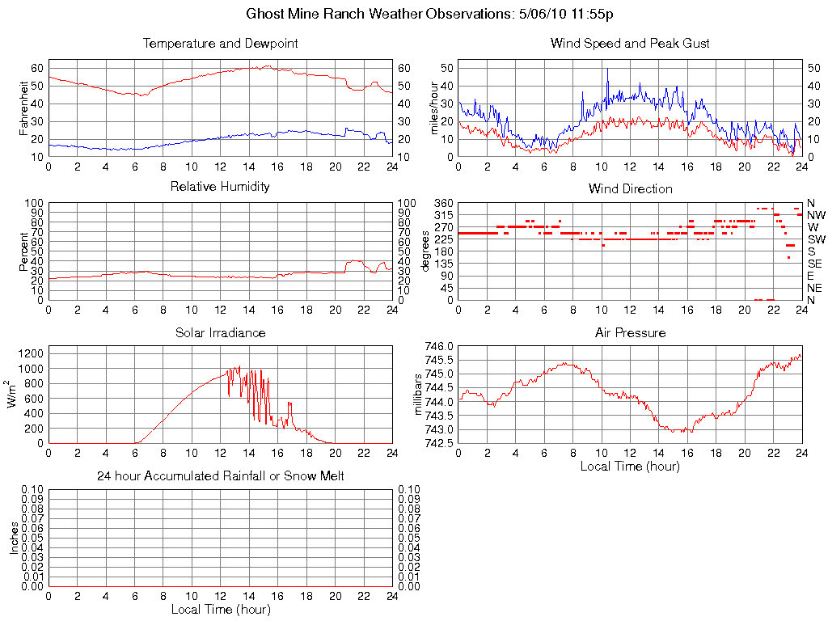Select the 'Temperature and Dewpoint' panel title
coord(220,44)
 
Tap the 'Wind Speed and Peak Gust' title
coord(630,44)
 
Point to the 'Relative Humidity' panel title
coord(220,187)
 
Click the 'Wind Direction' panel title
coord(630,189)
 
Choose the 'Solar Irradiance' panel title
coord(220,332)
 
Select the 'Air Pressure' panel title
coord(630,332)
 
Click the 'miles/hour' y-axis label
coord(434,108)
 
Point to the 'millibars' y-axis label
coord(418,395)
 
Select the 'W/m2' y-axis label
coord(14,394)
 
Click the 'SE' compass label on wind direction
coord(816,264)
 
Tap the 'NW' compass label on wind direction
coord(816,215)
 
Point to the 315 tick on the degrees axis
coord(443,215)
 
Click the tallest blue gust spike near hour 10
coord(607,70)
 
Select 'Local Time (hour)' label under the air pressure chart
coord(630,466)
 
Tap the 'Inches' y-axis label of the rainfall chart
coord(14,538)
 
